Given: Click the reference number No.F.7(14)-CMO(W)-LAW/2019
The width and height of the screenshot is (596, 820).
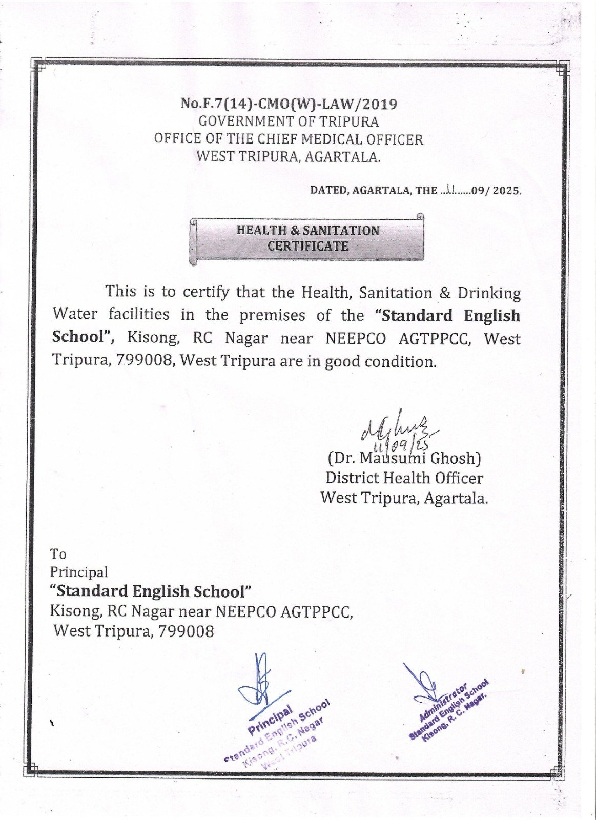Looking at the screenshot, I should pos(289,104).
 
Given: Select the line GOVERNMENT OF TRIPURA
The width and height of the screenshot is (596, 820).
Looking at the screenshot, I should pos(289,122).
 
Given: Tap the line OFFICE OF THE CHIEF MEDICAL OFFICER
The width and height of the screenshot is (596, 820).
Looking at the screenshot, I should pos(289,139).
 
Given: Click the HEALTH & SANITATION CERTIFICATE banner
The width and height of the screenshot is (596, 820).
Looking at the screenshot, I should pos(307,238).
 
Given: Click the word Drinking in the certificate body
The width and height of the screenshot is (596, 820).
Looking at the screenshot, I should pos(489,293).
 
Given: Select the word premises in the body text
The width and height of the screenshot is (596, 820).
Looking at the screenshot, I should pos(272,315).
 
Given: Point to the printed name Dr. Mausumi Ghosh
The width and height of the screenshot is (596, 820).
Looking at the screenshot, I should pos(404,458).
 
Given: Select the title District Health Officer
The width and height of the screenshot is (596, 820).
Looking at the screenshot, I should pos(404,478).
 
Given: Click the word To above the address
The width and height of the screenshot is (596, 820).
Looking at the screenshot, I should pos(58,554).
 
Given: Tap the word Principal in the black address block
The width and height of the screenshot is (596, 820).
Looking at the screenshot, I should pos(79,572).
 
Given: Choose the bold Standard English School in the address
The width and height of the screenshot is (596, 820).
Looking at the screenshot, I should pos(151,591).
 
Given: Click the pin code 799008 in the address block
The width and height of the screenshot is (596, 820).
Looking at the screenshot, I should pos(186,631).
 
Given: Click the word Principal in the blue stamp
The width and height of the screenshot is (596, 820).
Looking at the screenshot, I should pos(271,719).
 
